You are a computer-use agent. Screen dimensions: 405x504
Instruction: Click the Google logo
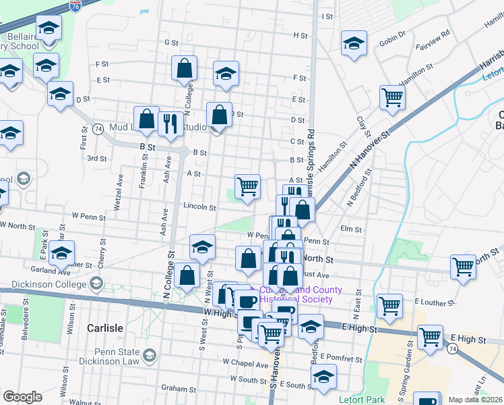(22, 397)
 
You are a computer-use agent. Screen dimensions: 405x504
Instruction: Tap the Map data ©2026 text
(476, 400)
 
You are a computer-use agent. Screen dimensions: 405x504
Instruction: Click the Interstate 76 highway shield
(75, 6)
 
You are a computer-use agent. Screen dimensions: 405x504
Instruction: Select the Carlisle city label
(104, 328)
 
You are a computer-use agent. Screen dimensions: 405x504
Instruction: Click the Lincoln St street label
(199, 208)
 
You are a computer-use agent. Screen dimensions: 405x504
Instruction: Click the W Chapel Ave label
(245, 364)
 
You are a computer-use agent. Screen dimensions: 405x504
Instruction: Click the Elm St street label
(352, 229)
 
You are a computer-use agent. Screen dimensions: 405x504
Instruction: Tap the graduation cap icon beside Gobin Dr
(353, 45)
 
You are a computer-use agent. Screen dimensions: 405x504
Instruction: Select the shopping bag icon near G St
(184, 68)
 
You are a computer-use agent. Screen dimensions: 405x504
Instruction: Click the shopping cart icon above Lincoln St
(247, 186)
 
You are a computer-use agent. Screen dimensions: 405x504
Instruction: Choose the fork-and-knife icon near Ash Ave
(170, 124)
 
